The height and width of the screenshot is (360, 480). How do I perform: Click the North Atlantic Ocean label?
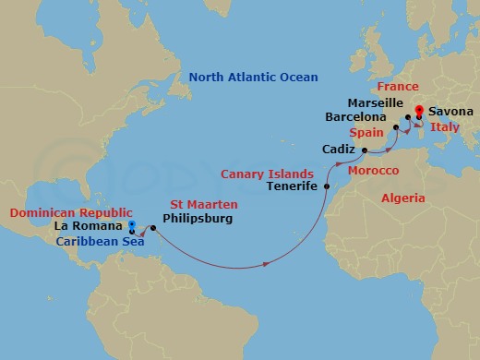[253, 78]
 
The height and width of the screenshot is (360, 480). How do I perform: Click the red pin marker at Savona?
[419, 113]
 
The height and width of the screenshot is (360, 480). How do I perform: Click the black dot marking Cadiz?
[365, 150]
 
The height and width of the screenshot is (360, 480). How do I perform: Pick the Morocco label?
[373, 172]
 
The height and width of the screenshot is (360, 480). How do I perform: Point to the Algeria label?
[402, 198]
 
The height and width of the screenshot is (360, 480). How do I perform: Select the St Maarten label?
[204, 203]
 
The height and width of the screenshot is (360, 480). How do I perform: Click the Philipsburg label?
[197, 220]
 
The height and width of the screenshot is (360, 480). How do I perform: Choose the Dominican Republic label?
[71, 210]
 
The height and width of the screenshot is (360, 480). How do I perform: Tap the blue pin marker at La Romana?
[132, 225]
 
